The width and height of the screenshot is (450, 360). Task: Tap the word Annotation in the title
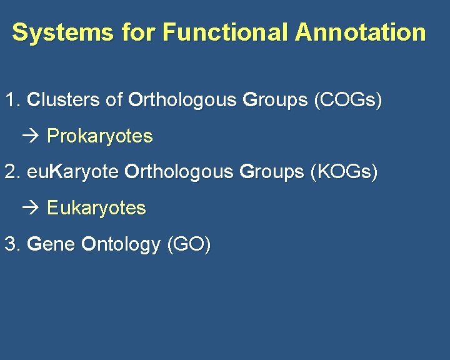[x=360, y=32]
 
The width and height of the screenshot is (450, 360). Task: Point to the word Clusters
[x=64, y=100]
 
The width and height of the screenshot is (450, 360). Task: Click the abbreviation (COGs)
[x=347, y=100]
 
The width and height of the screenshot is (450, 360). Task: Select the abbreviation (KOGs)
[x=344, y=172]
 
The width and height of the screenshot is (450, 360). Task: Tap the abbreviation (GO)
[x=189, y=244]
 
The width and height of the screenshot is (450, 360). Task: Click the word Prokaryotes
[x=100, y=136]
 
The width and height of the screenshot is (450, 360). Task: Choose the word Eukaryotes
[x=97, y=208]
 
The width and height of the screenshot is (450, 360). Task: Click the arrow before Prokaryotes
[x=35, y=136]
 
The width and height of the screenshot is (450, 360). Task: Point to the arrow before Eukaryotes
[x=35, y=208]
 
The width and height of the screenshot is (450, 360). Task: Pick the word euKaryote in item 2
[x=73, y=172]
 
